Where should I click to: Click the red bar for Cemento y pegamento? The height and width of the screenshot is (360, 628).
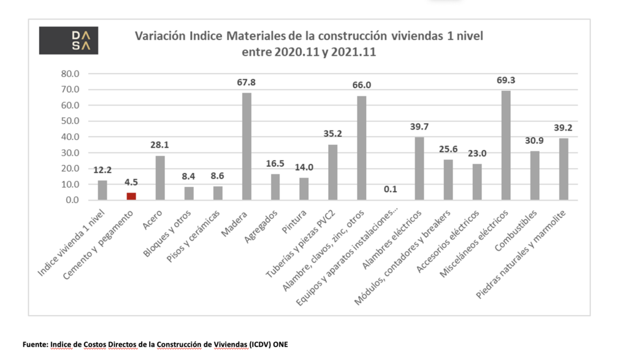tap(131, 196)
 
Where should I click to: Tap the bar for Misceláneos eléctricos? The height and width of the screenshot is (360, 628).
tap(506, 145)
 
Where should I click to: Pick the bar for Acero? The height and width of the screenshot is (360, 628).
tap(160, 178)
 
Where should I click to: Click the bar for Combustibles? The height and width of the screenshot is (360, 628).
tap(535, 175)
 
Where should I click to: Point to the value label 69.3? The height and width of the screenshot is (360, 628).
tap(506, 80)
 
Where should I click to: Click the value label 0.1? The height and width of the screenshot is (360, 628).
tap(391, 189)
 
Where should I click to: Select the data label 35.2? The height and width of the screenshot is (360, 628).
tap(333, 134)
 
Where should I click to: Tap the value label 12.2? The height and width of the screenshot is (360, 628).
tap(102, 170)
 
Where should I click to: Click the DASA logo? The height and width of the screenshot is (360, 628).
tap(68, 40)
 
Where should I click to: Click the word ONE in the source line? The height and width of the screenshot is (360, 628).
tap(279, 344)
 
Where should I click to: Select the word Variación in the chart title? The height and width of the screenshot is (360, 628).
tap(160, 36)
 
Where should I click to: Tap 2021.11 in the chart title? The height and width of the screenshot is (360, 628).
tap(353, 53)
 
